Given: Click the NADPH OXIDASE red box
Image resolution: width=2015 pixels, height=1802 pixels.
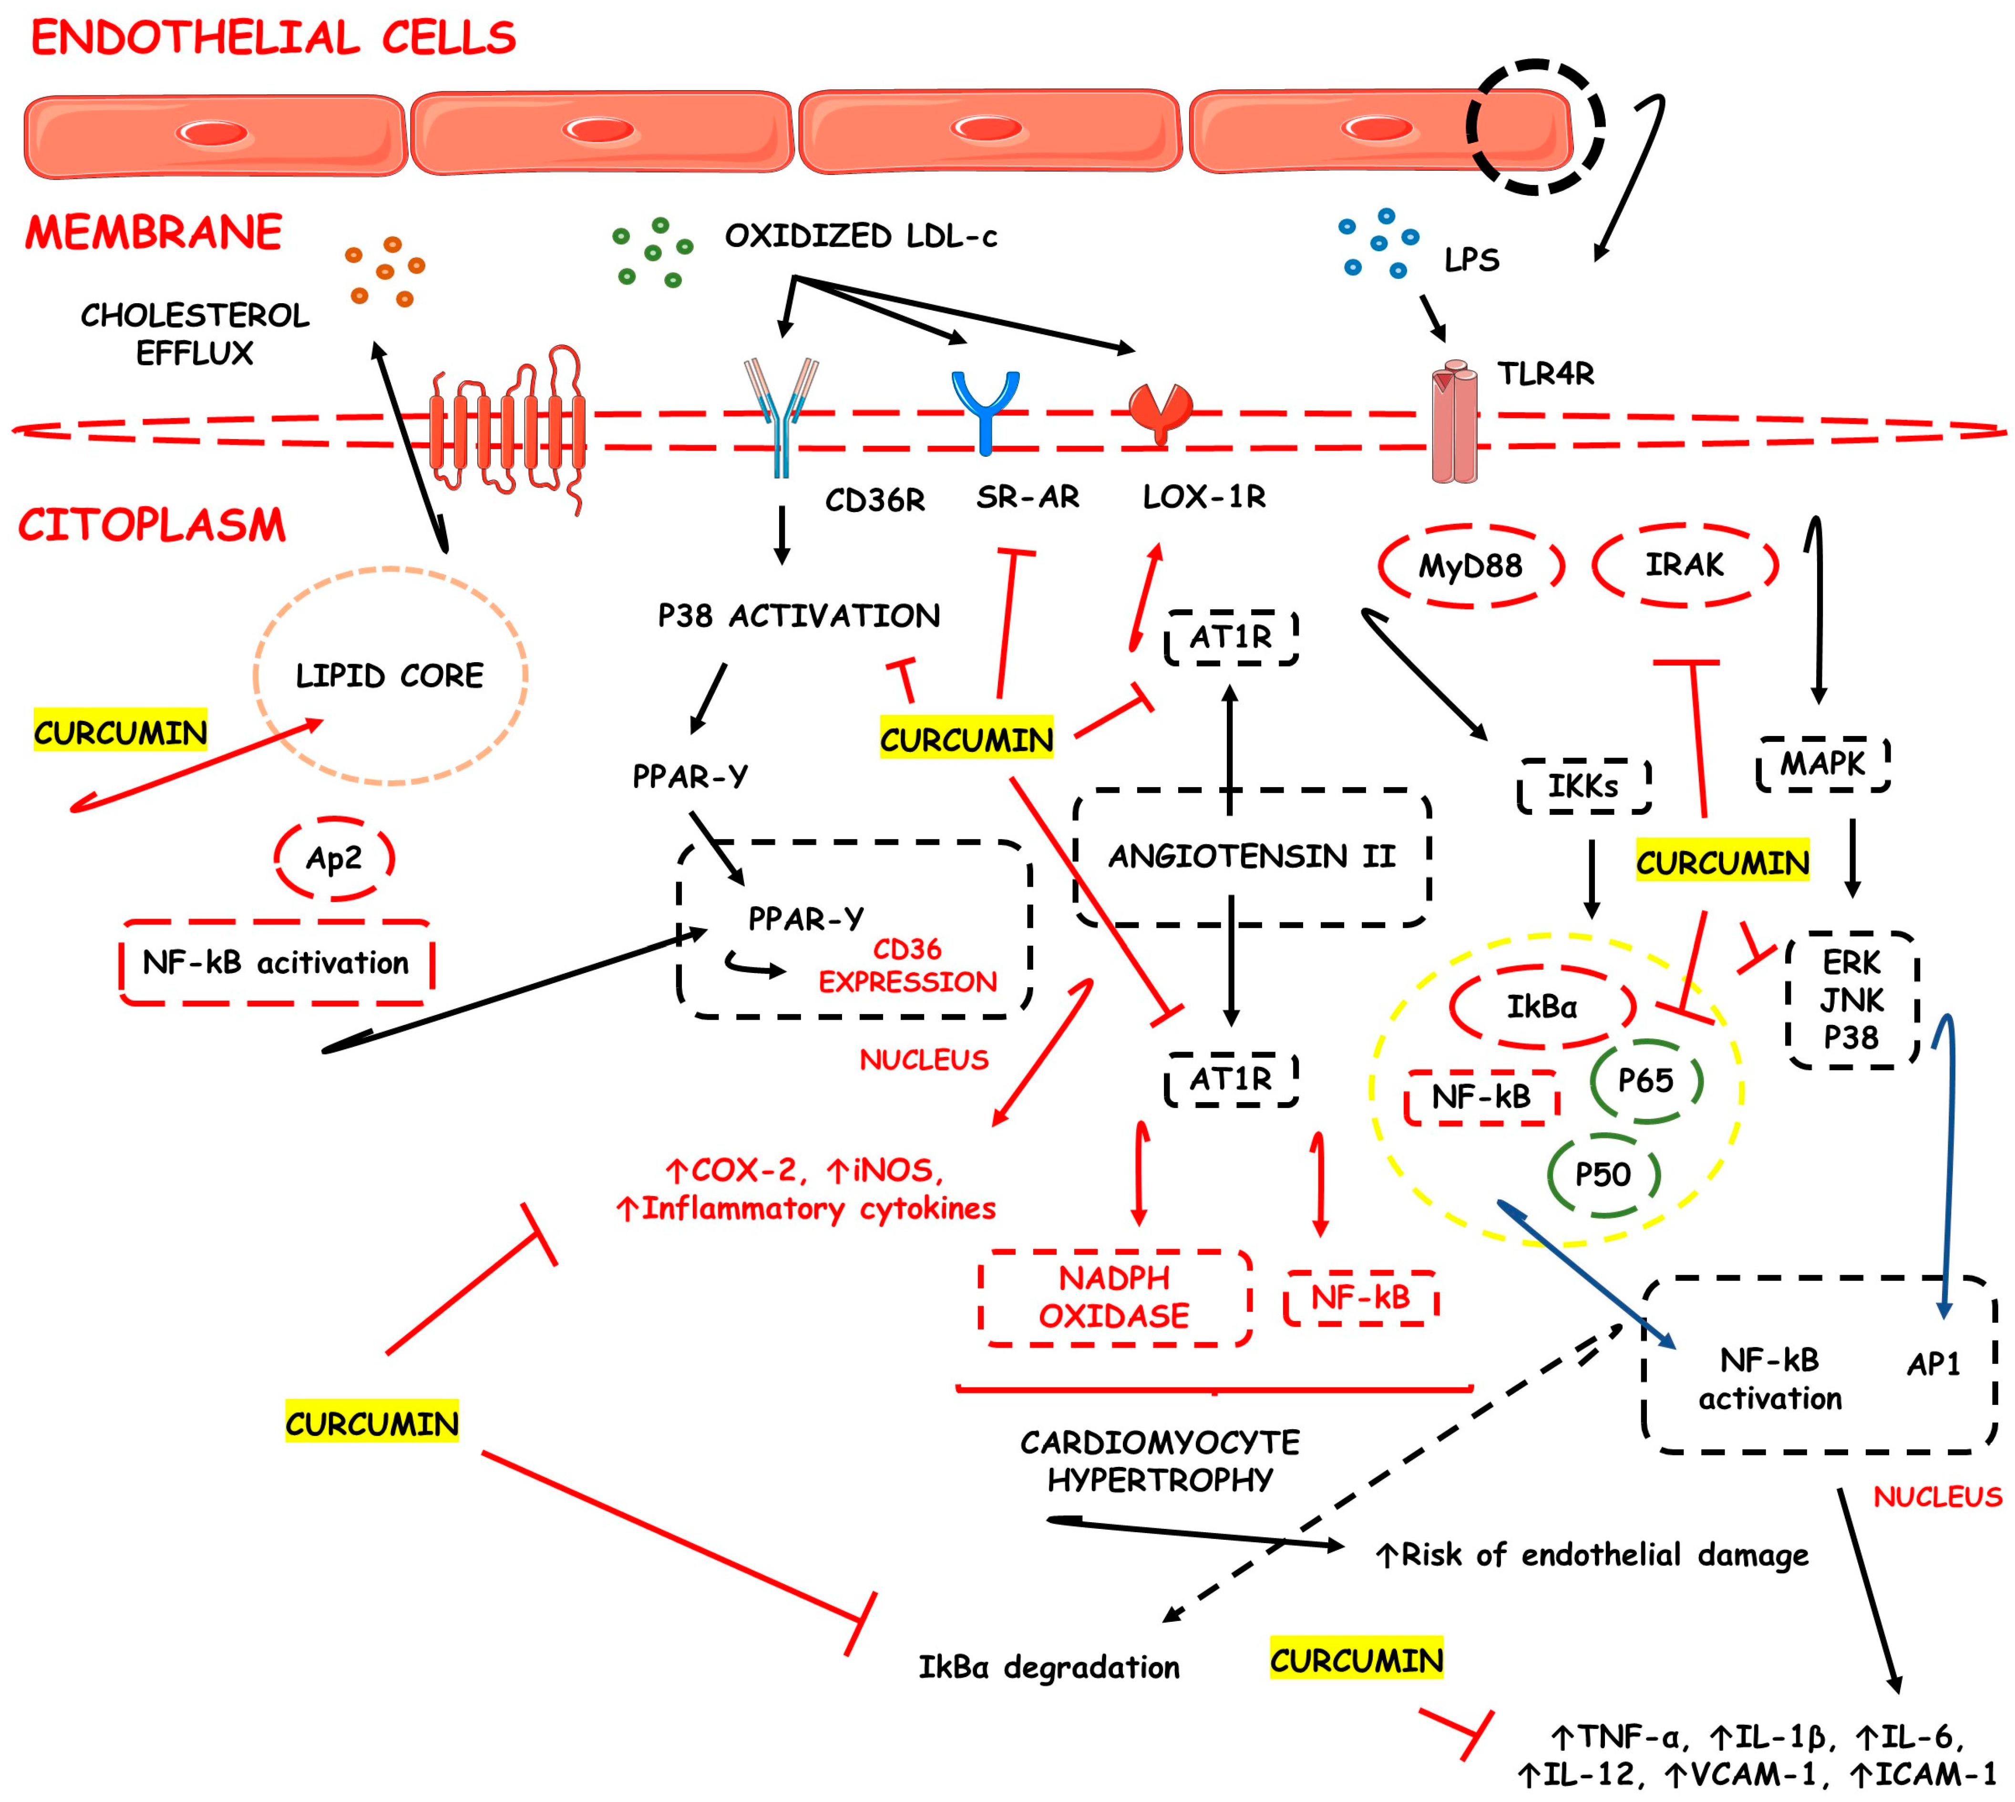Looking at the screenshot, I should point(1114,1297).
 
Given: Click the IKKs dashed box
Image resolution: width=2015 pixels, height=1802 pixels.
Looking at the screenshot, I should point(1583,786).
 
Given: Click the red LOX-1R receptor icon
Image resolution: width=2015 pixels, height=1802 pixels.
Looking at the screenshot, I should point(1161,411).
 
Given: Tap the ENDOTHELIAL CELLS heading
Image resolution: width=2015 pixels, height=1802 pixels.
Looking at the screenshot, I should point(273,38).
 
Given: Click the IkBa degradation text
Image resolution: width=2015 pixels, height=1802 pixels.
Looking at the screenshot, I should point(1049,1668).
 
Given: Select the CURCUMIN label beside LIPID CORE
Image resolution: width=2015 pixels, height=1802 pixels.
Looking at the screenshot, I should point(120,732).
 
